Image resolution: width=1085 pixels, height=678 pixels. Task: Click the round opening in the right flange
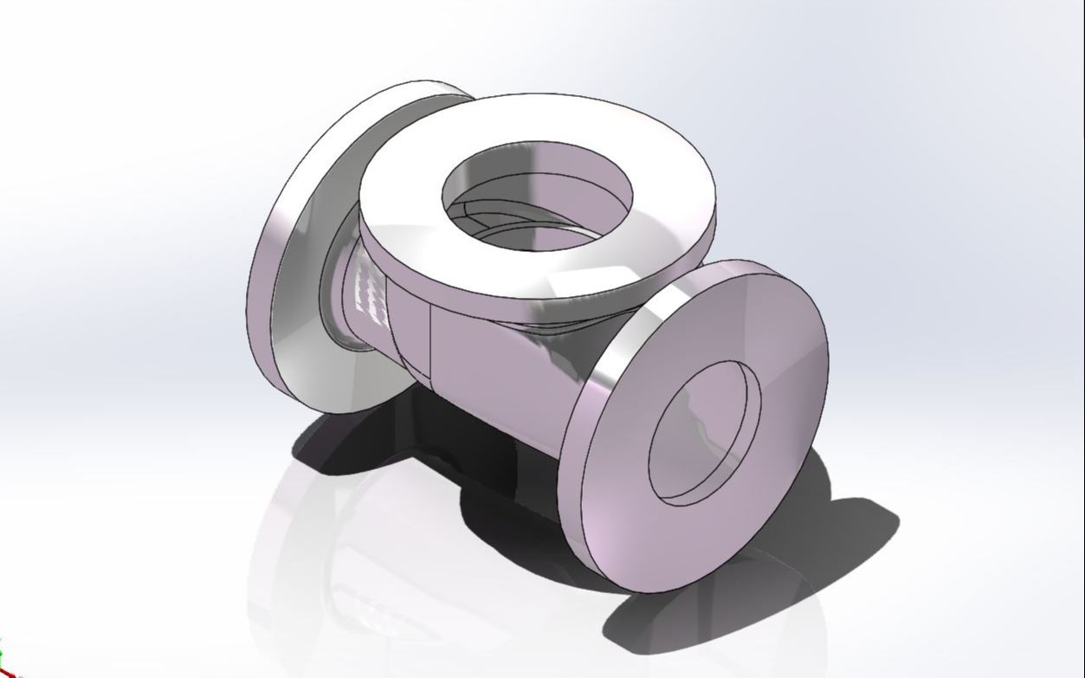coord(703,433)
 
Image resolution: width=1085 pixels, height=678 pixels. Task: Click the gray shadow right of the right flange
coord(857,528)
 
